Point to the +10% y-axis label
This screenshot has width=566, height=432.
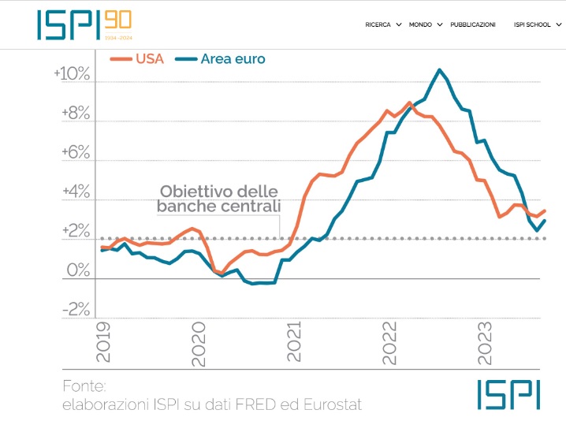[72, 74]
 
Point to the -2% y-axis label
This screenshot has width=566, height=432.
[77, 311]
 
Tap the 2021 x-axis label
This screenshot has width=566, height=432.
[294, 342]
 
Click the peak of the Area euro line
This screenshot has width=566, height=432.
[439, 70]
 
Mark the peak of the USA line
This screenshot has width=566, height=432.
[409, 103]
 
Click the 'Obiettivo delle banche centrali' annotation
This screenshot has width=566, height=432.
[218, 199]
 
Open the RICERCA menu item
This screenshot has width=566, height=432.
[378, 24]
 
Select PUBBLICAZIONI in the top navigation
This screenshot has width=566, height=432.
[473, 24]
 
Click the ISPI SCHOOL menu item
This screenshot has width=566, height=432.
[532, 24]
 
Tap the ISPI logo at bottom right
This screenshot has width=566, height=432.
[508, 394]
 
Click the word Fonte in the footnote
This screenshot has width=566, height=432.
[84, 387]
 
